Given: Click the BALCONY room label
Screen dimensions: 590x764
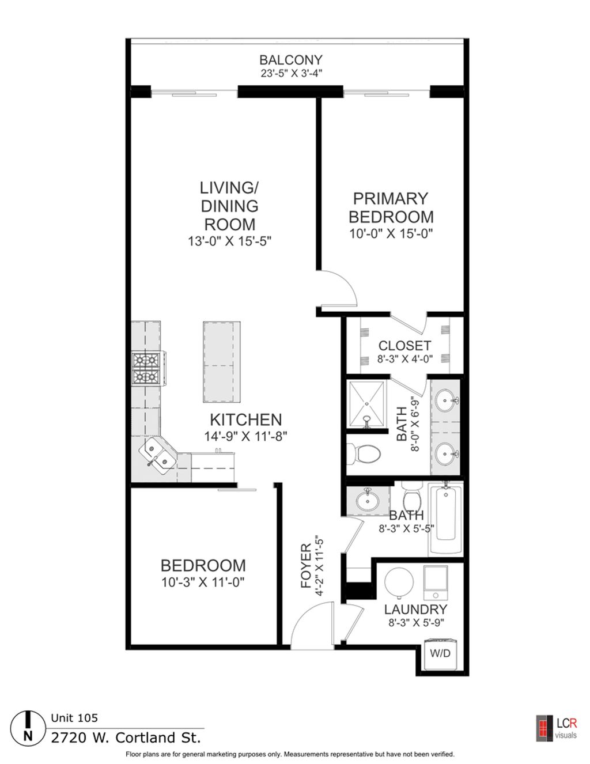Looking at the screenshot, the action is [291, 60].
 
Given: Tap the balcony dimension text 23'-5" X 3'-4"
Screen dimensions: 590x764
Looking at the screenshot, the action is [292, 74].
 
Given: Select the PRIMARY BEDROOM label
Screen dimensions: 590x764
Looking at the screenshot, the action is [391, 208].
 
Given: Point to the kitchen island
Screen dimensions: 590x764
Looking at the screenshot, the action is [221, 362].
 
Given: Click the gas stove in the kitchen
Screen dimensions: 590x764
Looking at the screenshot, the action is [146, 369].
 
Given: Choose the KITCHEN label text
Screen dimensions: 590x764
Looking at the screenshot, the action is [246, 420].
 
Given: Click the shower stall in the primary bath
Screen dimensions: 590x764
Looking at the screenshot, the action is [366, 404].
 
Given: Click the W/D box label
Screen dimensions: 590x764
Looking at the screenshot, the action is [440, 653].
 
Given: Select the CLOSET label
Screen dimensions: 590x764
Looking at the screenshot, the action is [404, 346].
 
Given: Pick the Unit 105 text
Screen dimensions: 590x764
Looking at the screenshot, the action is [74, 717].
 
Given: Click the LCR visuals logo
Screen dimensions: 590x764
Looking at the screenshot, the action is [556, 728].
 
